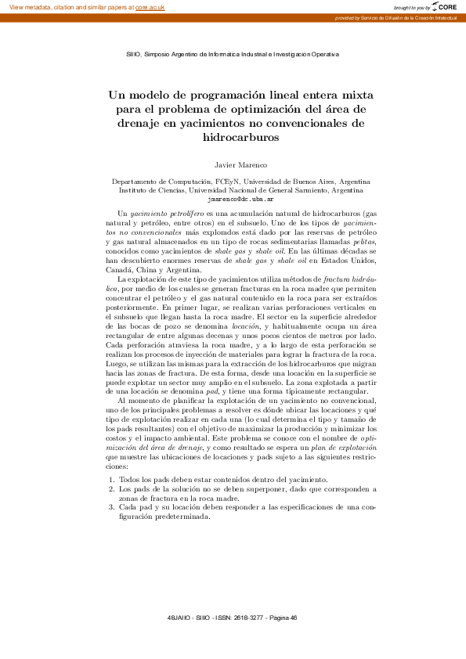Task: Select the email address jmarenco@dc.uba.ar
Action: [x=233, y=199]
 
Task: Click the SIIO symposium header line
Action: [x=233, y=55]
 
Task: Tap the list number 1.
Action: [x=110, y=479]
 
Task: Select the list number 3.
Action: [x=110, y=507]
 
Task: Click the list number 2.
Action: [x=110, y=488]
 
